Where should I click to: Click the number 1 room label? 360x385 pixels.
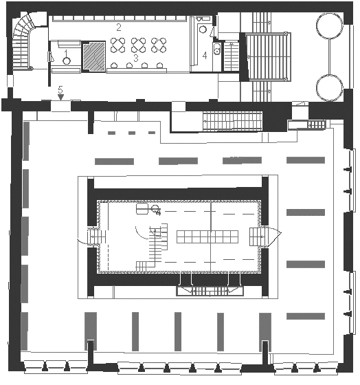pyautogui.click(x=66, y=52)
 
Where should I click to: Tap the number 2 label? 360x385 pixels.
pyautogui.click(x=119, y=27)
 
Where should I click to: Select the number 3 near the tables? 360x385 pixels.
pyautogui.click(x=136, y=58)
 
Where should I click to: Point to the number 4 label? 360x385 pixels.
pyautogui.click(x=205, y=56)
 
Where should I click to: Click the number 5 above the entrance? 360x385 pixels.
pyautogui.click(x=60, y=89)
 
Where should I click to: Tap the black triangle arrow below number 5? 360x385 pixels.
pyautogui.click(x=60, y=97)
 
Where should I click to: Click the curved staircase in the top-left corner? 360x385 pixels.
pyautogui.click(x=23, y=42)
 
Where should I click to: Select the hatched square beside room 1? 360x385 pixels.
pyautogui.click(x=93, y=56)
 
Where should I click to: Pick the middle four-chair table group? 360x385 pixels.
pyautogui.click(x=138, y=45)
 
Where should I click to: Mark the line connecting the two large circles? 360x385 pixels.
pyautogui.click(x=329, y=56)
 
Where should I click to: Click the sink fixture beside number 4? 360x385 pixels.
pyautogui.click(x=217, y=49)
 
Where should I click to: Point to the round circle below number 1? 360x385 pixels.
pyautogui.click(x=67, y=60)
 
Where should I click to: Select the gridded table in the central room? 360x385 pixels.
pyautogui.click(x=207, y=236)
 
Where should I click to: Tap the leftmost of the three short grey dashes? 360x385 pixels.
pyautogui.click(x=112, y=133)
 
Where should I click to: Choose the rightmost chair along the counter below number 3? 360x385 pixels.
pyautogui.click(x=160, y=65)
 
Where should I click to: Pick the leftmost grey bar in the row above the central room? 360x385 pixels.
pyautogui.click(x=114, y=162)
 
